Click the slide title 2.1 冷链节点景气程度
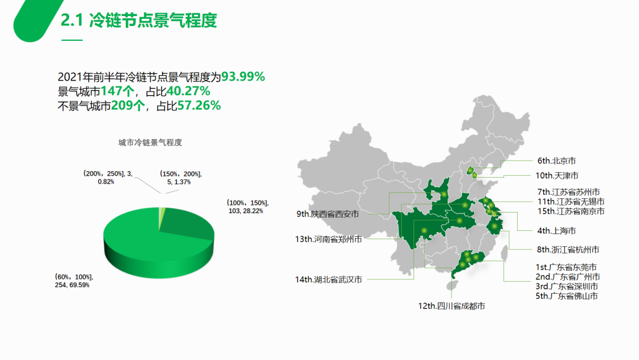click(139, 21)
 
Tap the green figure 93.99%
click(243, 77)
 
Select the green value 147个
click(118, 91)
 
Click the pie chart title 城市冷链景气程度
click(150, 143)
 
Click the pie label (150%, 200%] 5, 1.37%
click(180, 178)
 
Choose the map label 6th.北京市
click(557, 160)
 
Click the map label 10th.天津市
click(557, 175)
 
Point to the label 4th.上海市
click(557, 230)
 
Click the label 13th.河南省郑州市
click(328, 239)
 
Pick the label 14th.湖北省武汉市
click(328, 279)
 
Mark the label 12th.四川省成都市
click(451, 306)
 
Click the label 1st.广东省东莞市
click(566, 267)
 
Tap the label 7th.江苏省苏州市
click(569, 192)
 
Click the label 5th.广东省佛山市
click(566, 295)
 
